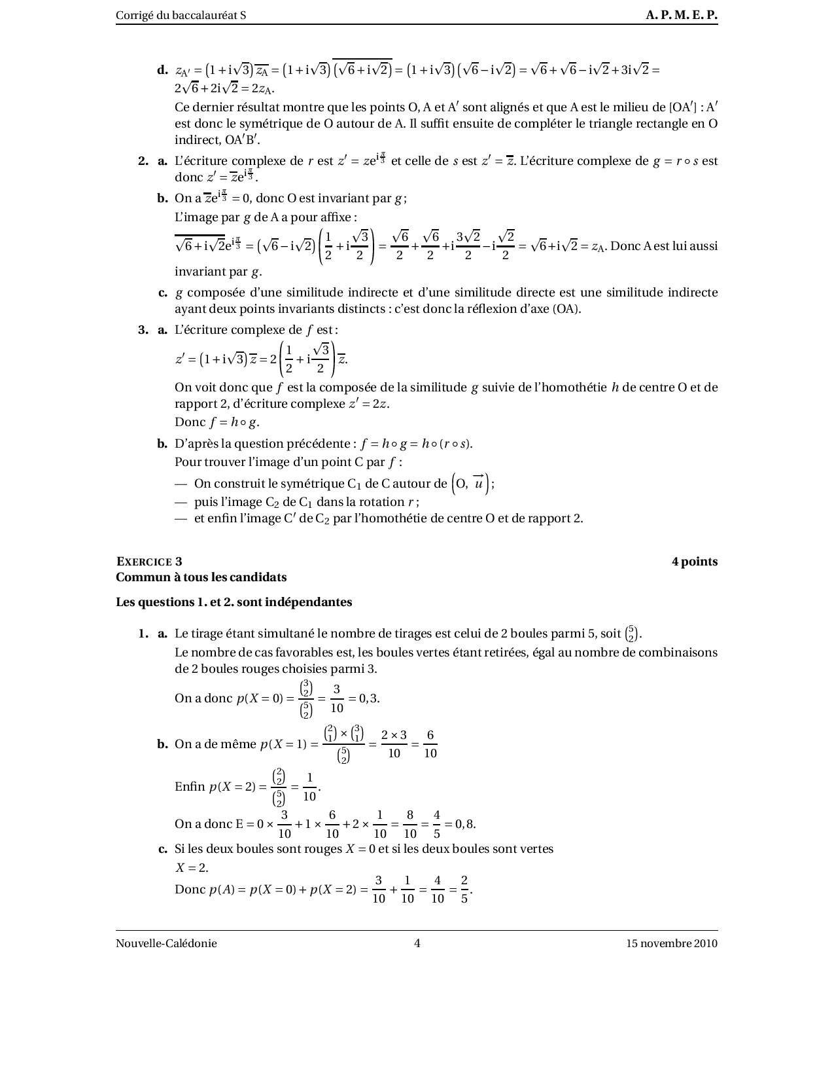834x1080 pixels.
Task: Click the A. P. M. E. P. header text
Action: click(682, 15)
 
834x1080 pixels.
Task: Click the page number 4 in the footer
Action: click(417, 943)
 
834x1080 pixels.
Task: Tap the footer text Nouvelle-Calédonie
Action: click(166, 943)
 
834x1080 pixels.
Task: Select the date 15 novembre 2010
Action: click(672, 943)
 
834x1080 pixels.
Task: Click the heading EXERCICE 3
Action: click(149, 561)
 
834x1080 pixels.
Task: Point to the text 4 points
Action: click(695, 561)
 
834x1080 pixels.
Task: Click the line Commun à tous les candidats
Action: click(201, 577)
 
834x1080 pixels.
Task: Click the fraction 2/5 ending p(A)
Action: click(464, 890)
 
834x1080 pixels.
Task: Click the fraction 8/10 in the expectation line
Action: click(410, 824)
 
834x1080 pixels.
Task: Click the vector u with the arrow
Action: click(479, 483)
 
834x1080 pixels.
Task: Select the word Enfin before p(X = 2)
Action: click(190, 787)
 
